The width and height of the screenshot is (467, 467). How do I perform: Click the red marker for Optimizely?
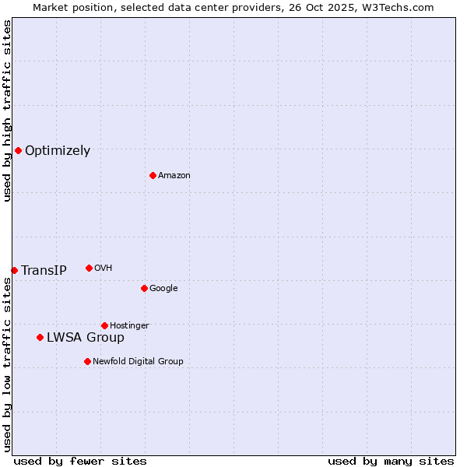18,150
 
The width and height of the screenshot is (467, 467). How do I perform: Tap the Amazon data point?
153,175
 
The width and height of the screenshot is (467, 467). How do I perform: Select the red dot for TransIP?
14,270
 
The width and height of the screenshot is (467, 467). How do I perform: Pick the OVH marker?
89,268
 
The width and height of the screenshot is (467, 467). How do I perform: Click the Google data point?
144,288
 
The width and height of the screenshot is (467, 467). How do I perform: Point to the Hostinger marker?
104,325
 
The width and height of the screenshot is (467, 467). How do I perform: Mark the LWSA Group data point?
40,337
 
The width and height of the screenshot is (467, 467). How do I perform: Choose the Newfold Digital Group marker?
87,361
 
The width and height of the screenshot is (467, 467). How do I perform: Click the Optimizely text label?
58,151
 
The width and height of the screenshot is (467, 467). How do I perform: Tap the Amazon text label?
174,176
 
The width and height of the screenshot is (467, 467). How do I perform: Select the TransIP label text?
44,271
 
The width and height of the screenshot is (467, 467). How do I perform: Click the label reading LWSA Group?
86,338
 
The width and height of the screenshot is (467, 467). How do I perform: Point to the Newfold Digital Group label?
139,361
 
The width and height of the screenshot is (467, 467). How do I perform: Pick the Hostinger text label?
129,325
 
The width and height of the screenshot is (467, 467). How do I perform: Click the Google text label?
163,289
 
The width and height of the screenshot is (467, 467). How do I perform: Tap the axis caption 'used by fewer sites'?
80,462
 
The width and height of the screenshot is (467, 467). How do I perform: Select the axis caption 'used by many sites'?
391,462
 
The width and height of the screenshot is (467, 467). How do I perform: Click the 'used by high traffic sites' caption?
7,111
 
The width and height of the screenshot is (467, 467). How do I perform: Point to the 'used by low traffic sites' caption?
7,364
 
